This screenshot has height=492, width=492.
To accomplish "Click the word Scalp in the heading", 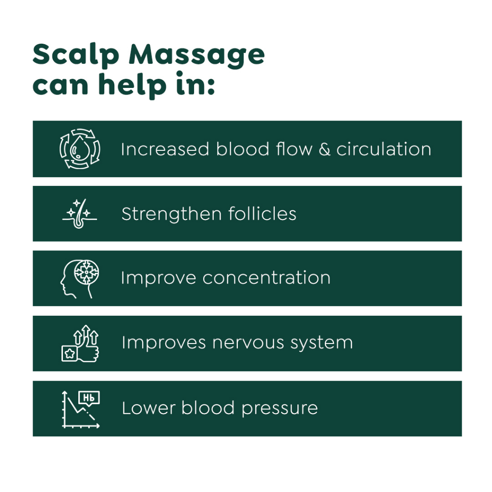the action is (x=75, y=55).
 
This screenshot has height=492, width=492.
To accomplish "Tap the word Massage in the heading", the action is (x=197, y=55).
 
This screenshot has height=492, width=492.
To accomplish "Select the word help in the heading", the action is (x=132, y=84).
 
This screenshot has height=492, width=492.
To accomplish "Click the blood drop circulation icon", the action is (x=80, y=149).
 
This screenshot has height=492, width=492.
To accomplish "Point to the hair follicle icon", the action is (x=80, y=214).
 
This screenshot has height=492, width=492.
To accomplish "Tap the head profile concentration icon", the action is (x=80, y=279).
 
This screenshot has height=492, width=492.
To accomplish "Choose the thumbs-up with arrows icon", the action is (x=80, y=344).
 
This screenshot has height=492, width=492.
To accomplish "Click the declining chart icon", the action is (x=81, y=409).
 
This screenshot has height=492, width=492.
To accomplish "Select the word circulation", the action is (x=384, y=149).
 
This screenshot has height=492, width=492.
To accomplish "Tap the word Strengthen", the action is (x=172, y=214).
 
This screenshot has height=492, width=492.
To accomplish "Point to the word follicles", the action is (x=262, y=214).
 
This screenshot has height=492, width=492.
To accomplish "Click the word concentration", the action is (x=266, y=278).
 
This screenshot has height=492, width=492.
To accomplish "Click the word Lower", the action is (x=148, y=408).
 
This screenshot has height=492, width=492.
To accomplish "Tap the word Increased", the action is (x=165, y=149).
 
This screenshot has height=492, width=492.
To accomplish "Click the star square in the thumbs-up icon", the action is (x=69, y=354).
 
